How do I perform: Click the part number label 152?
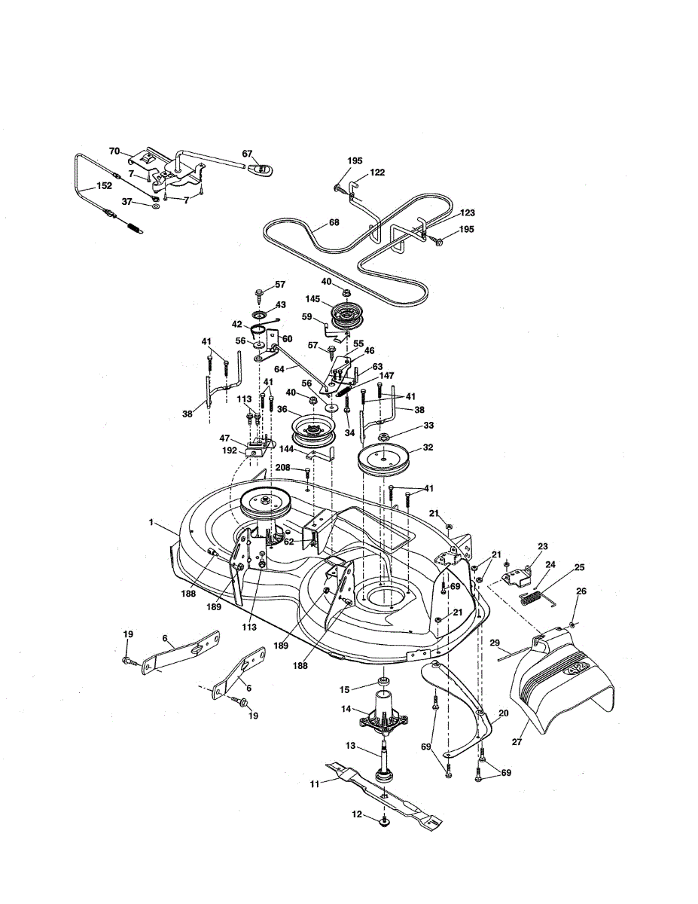click(x=104, y=186)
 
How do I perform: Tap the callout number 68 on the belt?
click(x=334, y=222)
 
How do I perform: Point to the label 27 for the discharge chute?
click(x=517, y=741)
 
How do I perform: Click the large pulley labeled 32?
click(x=384, y=459)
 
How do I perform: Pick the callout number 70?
click(x=114, y=151)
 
